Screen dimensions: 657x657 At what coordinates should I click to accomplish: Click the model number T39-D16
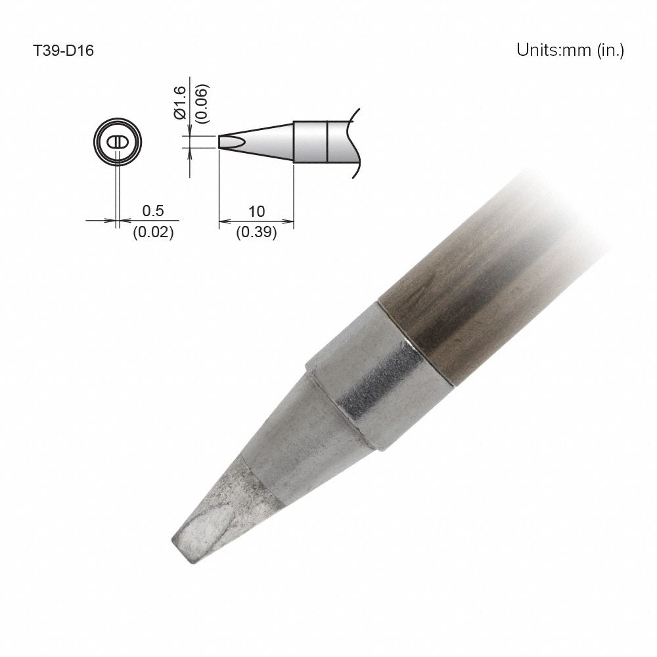64,51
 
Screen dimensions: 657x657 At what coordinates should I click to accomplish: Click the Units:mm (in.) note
570,51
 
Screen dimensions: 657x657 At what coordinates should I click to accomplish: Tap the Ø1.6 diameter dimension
182,104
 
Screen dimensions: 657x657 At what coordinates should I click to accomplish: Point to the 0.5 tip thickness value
152,211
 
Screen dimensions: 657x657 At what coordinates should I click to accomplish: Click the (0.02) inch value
153,232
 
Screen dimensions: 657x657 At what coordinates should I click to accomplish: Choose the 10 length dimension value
256,211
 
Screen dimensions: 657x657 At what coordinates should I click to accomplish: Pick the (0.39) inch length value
256,232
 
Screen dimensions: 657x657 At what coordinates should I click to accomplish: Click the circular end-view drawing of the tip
118,142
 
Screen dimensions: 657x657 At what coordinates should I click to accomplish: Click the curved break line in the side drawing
357,141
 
